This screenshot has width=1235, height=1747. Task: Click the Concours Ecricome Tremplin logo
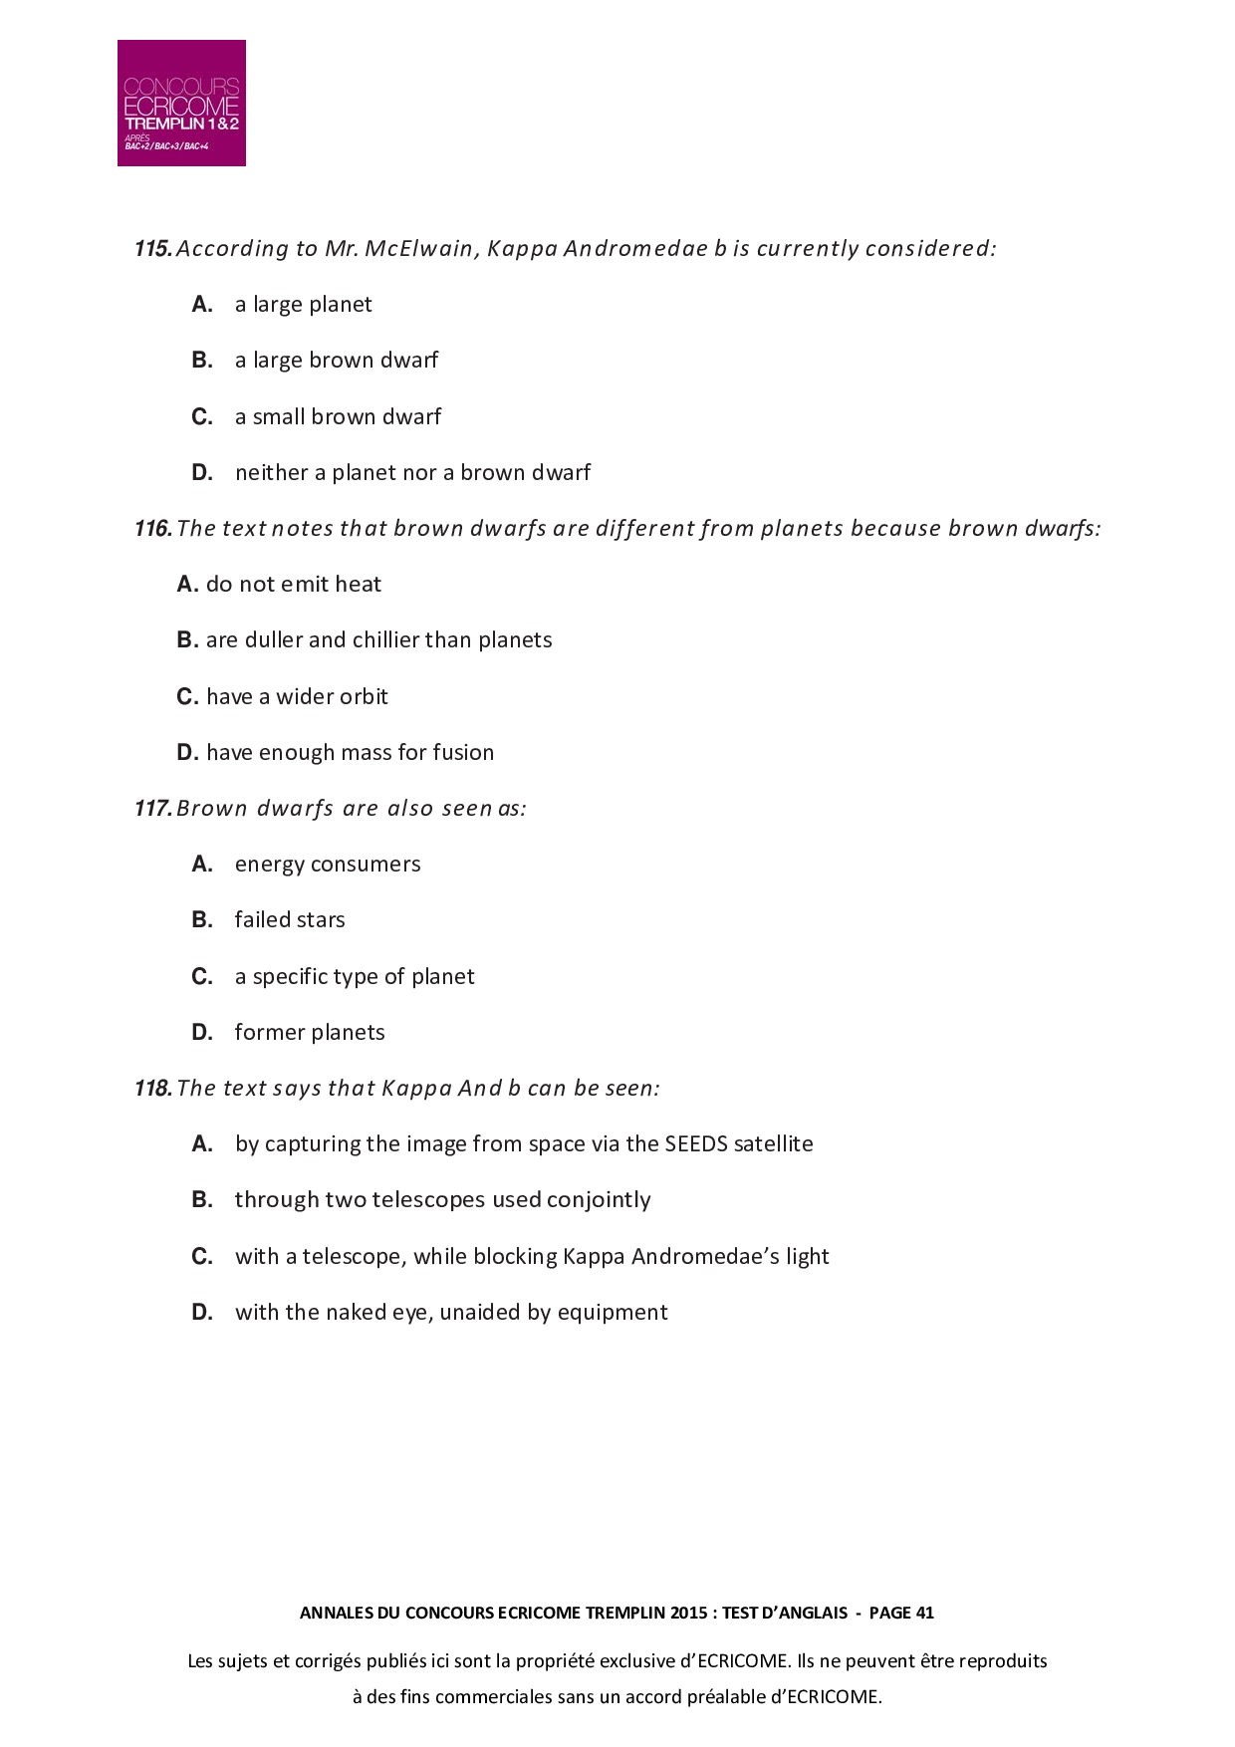coord(181,103)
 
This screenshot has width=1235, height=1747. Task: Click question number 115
coord(153,249)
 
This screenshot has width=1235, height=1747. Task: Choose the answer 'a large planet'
coord(303,305)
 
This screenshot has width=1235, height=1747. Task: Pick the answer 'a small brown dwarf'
coord(338,417)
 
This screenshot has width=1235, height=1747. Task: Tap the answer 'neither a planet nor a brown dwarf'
coord(412,473)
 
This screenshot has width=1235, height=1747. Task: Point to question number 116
coord(153,529)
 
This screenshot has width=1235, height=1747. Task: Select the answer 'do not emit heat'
coord(293,585)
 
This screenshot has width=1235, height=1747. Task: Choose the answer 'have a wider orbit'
coord(297,697)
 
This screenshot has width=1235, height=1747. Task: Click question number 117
coord(153,809)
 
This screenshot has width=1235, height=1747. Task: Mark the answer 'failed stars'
coord(290,920)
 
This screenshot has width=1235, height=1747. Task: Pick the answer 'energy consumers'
coord(328,865)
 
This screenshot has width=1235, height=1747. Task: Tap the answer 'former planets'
coord(310,1033)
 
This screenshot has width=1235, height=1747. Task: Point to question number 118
coord(153,1089)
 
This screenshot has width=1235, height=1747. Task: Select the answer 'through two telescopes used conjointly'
coord(442,1200)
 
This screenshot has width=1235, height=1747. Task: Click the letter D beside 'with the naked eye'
coord(202,1313)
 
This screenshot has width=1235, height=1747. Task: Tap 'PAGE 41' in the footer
coord(901,1613)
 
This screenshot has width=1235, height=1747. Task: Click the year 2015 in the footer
coord(689,1613)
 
